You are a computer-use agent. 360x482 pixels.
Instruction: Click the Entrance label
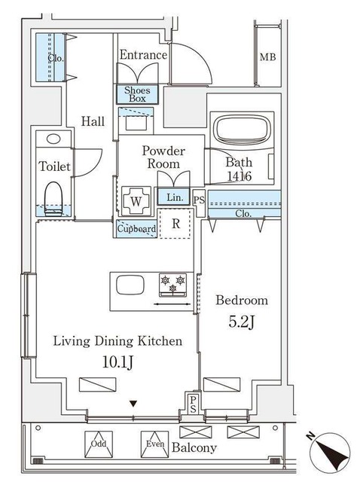(x=143, y=55)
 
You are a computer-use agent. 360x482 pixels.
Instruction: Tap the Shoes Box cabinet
(x=137, y=94)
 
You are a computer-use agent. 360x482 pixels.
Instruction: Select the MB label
(x=268, y=57)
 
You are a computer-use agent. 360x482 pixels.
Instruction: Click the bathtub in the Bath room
(x=242, y=129)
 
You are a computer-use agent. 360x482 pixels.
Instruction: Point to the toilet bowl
(x=53, y=198)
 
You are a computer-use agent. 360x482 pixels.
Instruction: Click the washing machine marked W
(x=136, y=201)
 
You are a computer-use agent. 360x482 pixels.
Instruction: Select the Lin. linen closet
(x=174, y=197)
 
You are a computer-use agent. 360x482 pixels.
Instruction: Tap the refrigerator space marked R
(x=175, y=224)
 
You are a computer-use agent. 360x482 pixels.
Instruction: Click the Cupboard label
(x=137, y=229)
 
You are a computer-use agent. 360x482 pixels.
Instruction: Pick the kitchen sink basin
(x=130, y=285)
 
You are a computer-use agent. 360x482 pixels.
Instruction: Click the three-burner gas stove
(x=172, y=285)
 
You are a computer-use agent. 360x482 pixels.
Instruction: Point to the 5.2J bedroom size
(x=241, y=322)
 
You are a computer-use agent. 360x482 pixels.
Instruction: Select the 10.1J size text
(x=117, y=362)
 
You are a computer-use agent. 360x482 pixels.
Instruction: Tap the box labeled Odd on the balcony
(x=99, y=444)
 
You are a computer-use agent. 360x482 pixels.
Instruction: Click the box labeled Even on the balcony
(x=154, y=444)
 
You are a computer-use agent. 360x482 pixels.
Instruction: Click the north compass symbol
(x=330, y=452)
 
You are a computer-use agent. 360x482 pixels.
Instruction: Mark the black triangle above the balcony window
(x=133, y=404)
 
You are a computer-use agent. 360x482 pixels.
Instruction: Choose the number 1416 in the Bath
(x=239, y=176)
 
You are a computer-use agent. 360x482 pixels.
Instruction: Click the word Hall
(x=93, y=121)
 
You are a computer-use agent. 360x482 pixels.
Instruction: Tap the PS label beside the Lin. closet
(x=200, y=200)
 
